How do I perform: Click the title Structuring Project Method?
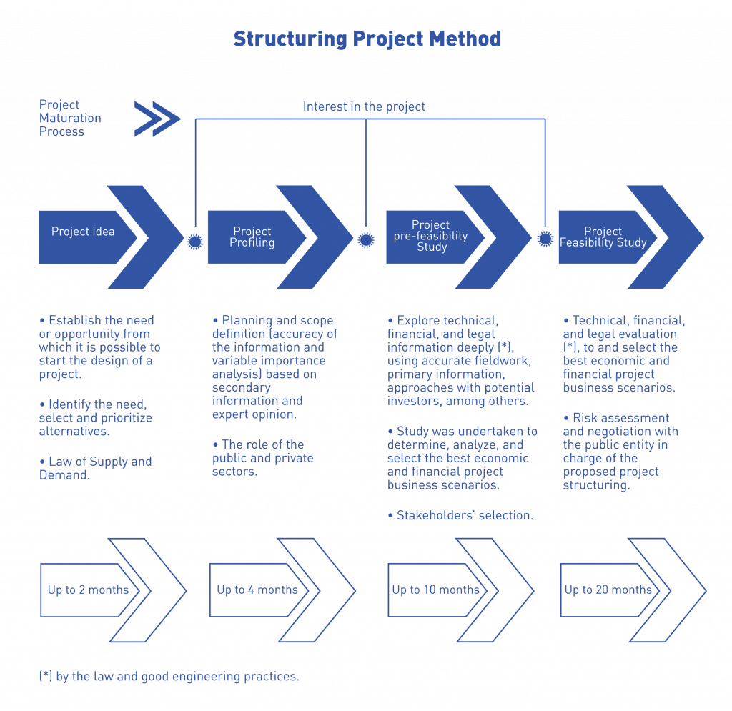click(367, 39)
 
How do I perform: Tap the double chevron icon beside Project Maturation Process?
click(157, 119)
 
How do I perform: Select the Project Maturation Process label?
click(70, 119)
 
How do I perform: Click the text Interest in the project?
click(364, 107)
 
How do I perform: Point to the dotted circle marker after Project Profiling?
click(366, 240)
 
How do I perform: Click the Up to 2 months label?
click(88, 590)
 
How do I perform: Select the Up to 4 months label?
click(257, 590)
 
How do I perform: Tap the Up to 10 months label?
click(435, 590)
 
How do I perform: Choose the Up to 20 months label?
click(608, 590)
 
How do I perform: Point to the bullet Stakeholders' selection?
click(460, 515)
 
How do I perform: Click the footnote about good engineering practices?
click(169, 677)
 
